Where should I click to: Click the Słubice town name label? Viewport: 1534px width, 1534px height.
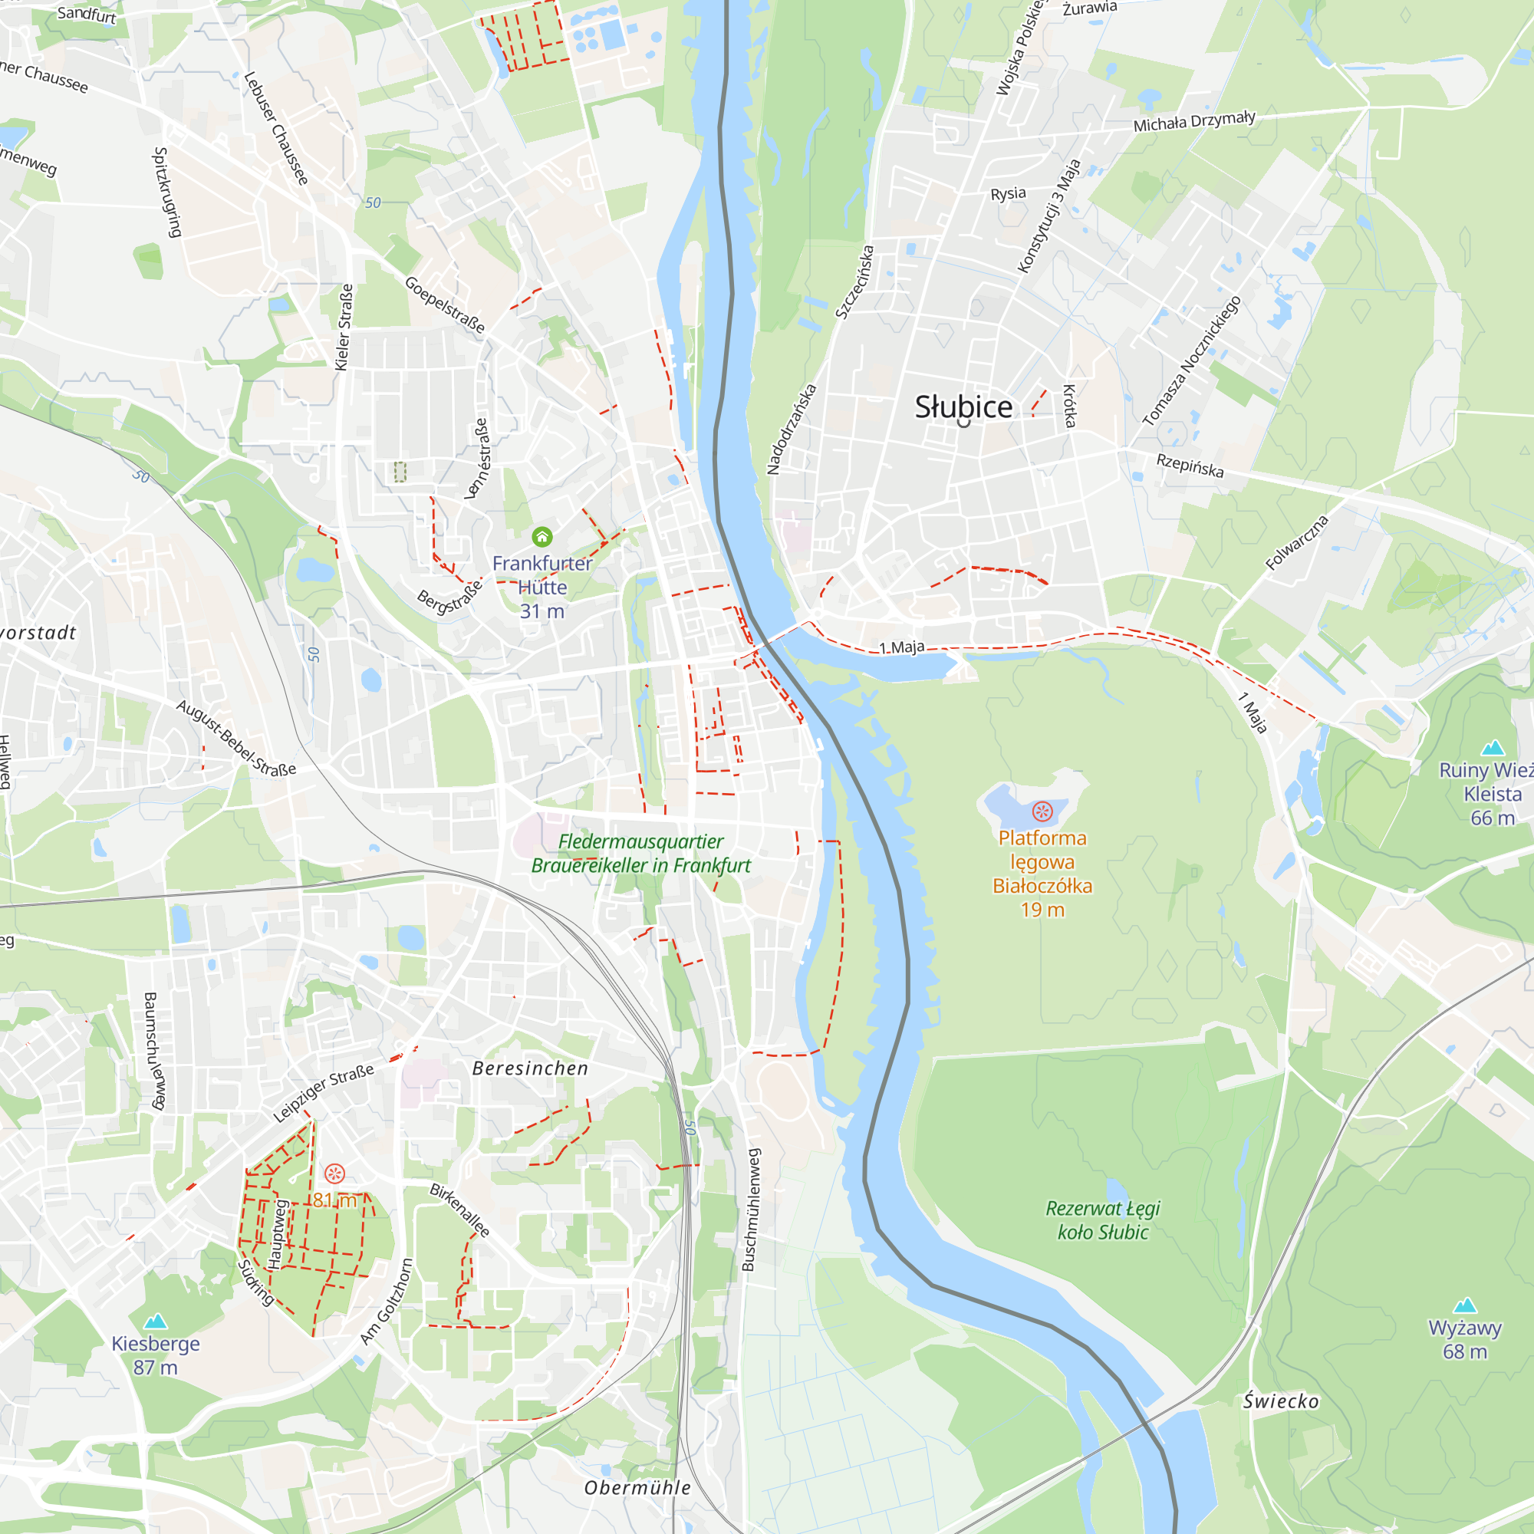[x=963, y=407]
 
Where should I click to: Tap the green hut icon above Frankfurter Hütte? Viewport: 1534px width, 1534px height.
[x=542, y=538]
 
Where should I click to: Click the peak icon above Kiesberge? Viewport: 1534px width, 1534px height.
[x=156, y=1321]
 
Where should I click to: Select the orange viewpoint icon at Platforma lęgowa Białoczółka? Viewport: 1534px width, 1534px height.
[x=1042, y=811]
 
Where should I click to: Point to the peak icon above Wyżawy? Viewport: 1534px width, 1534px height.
[x=1464, y=1305]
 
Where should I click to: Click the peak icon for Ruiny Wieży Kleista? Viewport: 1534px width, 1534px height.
[x=1493, y=747]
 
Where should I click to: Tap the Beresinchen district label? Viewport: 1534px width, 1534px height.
[x=531, y=1068]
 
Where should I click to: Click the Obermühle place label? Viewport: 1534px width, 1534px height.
[x=637, y=1488]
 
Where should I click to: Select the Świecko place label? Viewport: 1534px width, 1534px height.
[x=1281, y=1401]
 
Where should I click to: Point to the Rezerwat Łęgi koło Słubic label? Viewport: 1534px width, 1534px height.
[x=1102, y=1220]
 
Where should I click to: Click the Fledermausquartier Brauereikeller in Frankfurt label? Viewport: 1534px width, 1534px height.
[x=640, y=854]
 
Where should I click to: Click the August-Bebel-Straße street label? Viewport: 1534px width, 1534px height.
[x=235, y=738]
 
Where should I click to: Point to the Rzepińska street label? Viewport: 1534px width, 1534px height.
[x=1190, y=466]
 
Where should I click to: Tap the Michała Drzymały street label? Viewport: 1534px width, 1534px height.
[x=1193, y=121]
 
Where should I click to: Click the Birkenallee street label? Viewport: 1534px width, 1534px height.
[x=459, y=1210]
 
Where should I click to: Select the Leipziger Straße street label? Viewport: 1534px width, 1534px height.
[x=323, y=1092]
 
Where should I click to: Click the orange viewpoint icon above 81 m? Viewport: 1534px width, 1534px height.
[x=335, y=1174]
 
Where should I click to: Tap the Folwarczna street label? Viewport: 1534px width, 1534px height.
[x=1296, y=542]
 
